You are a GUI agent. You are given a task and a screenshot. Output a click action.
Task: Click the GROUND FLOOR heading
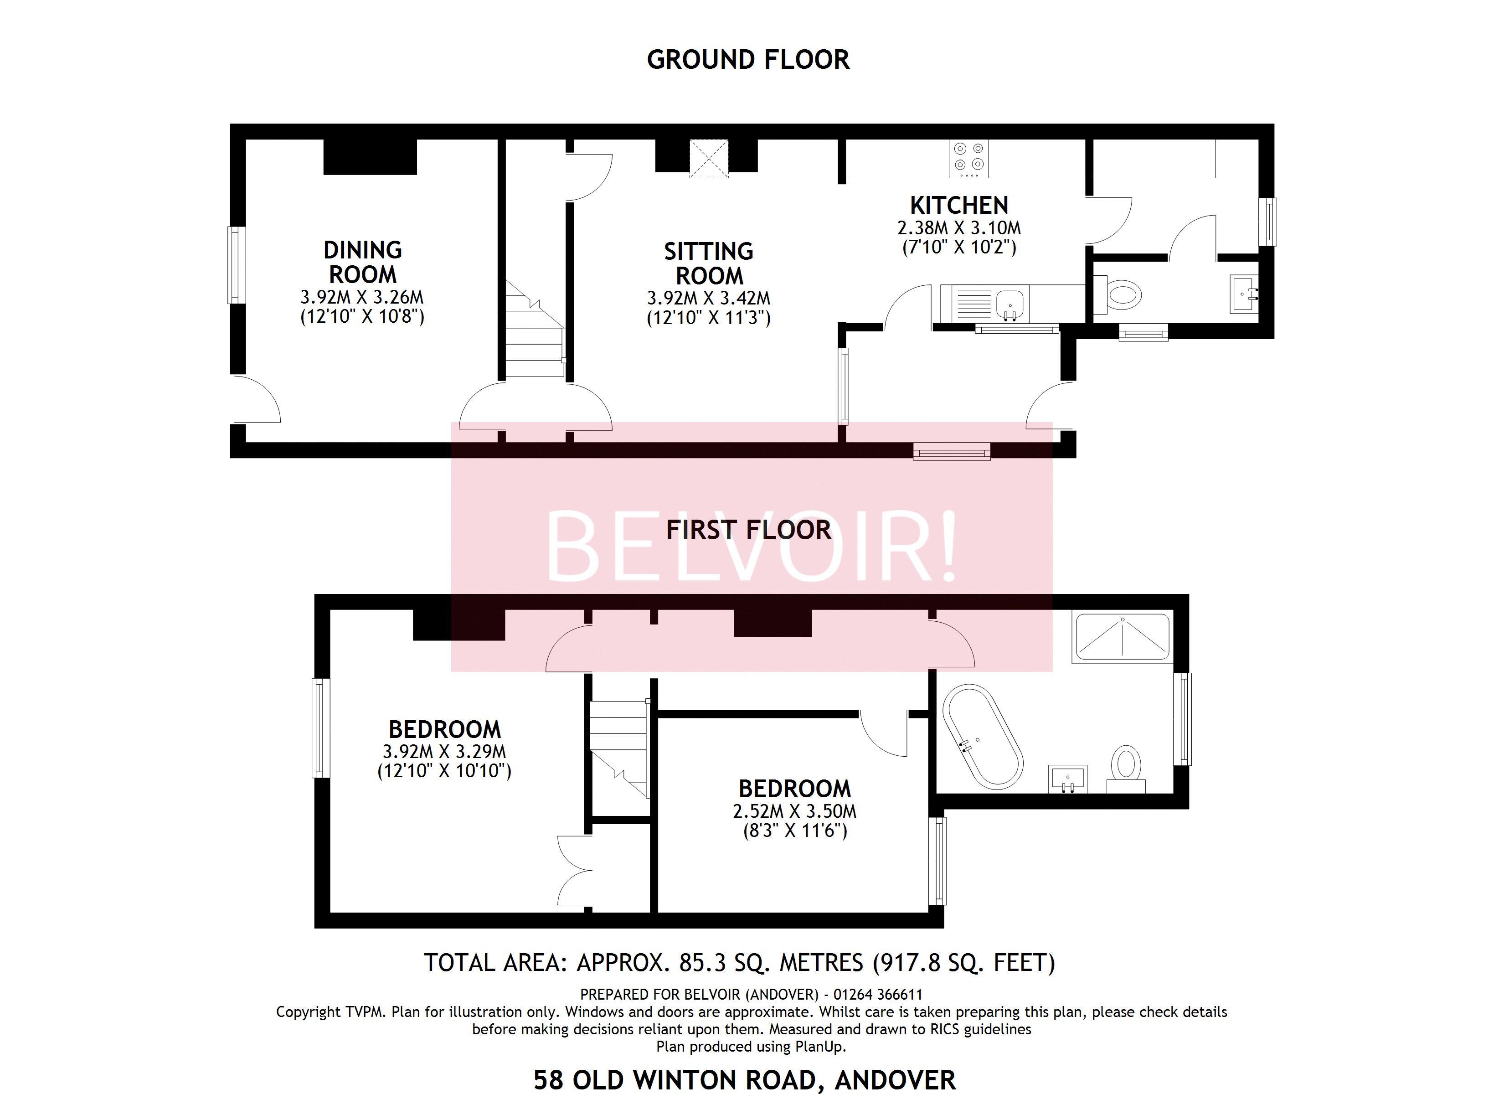point(748,60)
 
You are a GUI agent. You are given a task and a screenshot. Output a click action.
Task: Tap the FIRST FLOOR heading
point(748,530)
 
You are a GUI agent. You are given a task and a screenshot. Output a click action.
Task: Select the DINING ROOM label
point(363,262)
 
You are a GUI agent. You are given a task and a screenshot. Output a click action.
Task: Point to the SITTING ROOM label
point(709,263)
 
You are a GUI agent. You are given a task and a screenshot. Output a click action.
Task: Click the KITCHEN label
point(959,205)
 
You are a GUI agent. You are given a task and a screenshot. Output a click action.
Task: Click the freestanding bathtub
point(983,737)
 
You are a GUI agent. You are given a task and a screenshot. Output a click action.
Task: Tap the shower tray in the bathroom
point(1122,637)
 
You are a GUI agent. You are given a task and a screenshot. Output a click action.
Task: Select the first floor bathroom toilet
point(1127,768)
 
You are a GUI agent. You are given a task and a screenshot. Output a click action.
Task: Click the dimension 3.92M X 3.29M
point(444,752)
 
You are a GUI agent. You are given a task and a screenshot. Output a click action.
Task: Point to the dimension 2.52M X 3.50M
point(794,811)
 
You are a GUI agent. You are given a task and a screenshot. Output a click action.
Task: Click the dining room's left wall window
point(236,265)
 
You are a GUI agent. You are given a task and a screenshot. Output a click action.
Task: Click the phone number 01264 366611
point(878,995)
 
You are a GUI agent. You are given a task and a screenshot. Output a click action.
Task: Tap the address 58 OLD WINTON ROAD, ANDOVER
point(745,1080)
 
